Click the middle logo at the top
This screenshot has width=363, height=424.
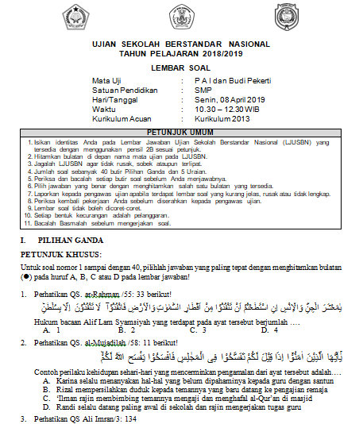(180, 15)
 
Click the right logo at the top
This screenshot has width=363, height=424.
(284, 17)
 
